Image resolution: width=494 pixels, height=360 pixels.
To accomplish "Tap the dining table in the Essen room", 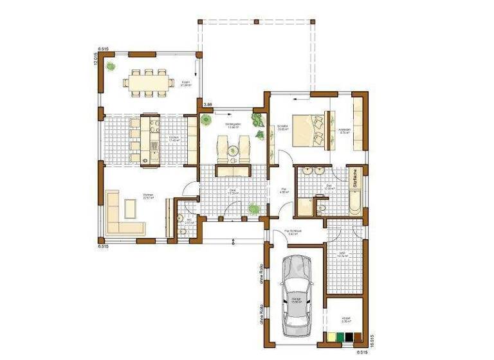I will click(149, 82).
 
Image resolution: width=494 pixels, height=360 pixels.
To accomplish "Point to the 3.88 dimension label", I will click(207, 104).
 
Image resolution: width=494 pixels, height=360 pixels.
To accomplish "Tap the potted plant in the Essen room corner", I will click(111, 66).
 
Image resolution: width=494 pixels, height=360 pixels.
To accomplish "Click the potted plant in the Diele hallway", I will click(255, 208).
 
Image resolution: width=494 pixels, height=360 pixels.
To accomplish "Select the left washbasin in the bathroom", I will click(306, 173).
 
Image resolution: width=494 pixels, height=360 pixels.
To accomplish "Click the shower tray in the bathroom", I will click(304, 207).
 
